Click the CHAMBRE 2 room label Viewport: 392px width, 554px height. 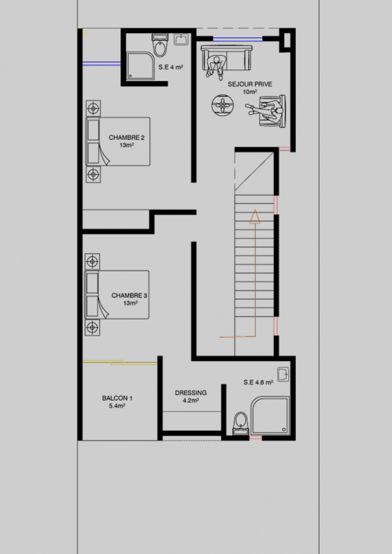[127, 141]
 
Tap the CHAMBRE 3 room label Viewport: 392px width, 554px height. [129, 299]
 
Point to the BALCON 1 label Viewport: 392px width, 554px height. [117, 402]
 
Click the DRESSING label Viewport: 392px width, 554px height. [191, 396]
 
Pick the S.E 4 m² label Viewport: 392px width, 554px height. [171, 67]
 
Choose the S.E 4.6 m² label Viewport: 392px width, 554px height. [259, 382]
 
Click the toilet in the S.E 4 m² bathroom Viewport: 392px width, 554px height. [160, 45]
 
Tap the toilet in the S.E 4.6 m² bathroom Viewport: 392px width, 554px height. [241, 423]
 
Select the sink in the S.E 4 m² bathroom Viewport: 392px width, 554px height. [181, 39]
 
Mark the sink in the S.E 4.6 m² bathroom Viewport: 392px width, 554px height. [283, 375]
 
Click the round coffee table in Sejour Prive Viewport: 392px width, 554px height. [222, 105]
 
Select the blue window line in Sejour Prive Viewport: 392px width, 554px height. [238, 39]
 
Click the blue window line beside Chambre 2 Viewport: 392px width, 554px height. [101, 63]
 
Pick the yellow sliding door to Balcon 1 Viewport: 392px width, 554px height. [120, 362]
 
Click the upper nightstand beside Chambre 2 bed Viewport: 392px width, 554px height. [93, 108]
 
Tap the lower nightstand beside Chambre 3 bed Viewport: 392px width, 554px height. [92, 328]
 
